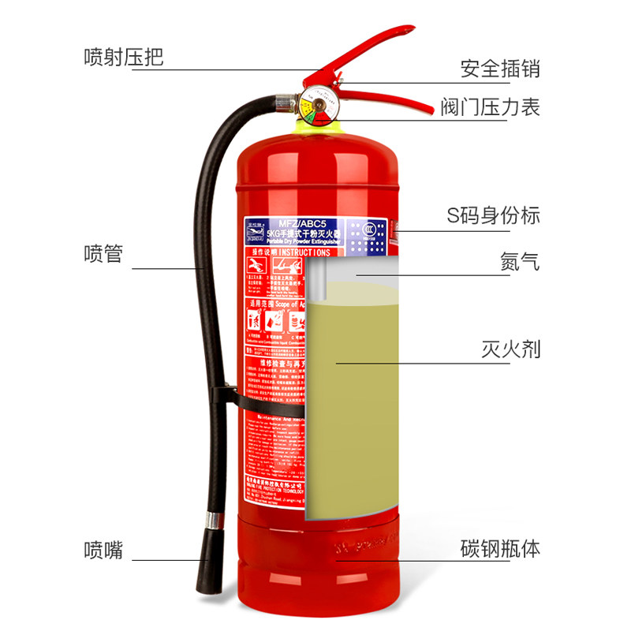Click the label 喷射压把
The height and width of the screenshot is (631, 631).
pyautogui.click(x=124, y=58)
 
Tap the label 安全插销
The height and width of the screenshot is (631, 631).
pyautogui.click(x=500, y=69)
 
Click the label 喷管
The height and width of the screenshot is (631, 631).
pyautogui.click(x=103, y=254)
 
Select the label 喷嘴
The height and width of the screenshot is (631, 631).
pyautogui.click(x=103, y=550)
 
